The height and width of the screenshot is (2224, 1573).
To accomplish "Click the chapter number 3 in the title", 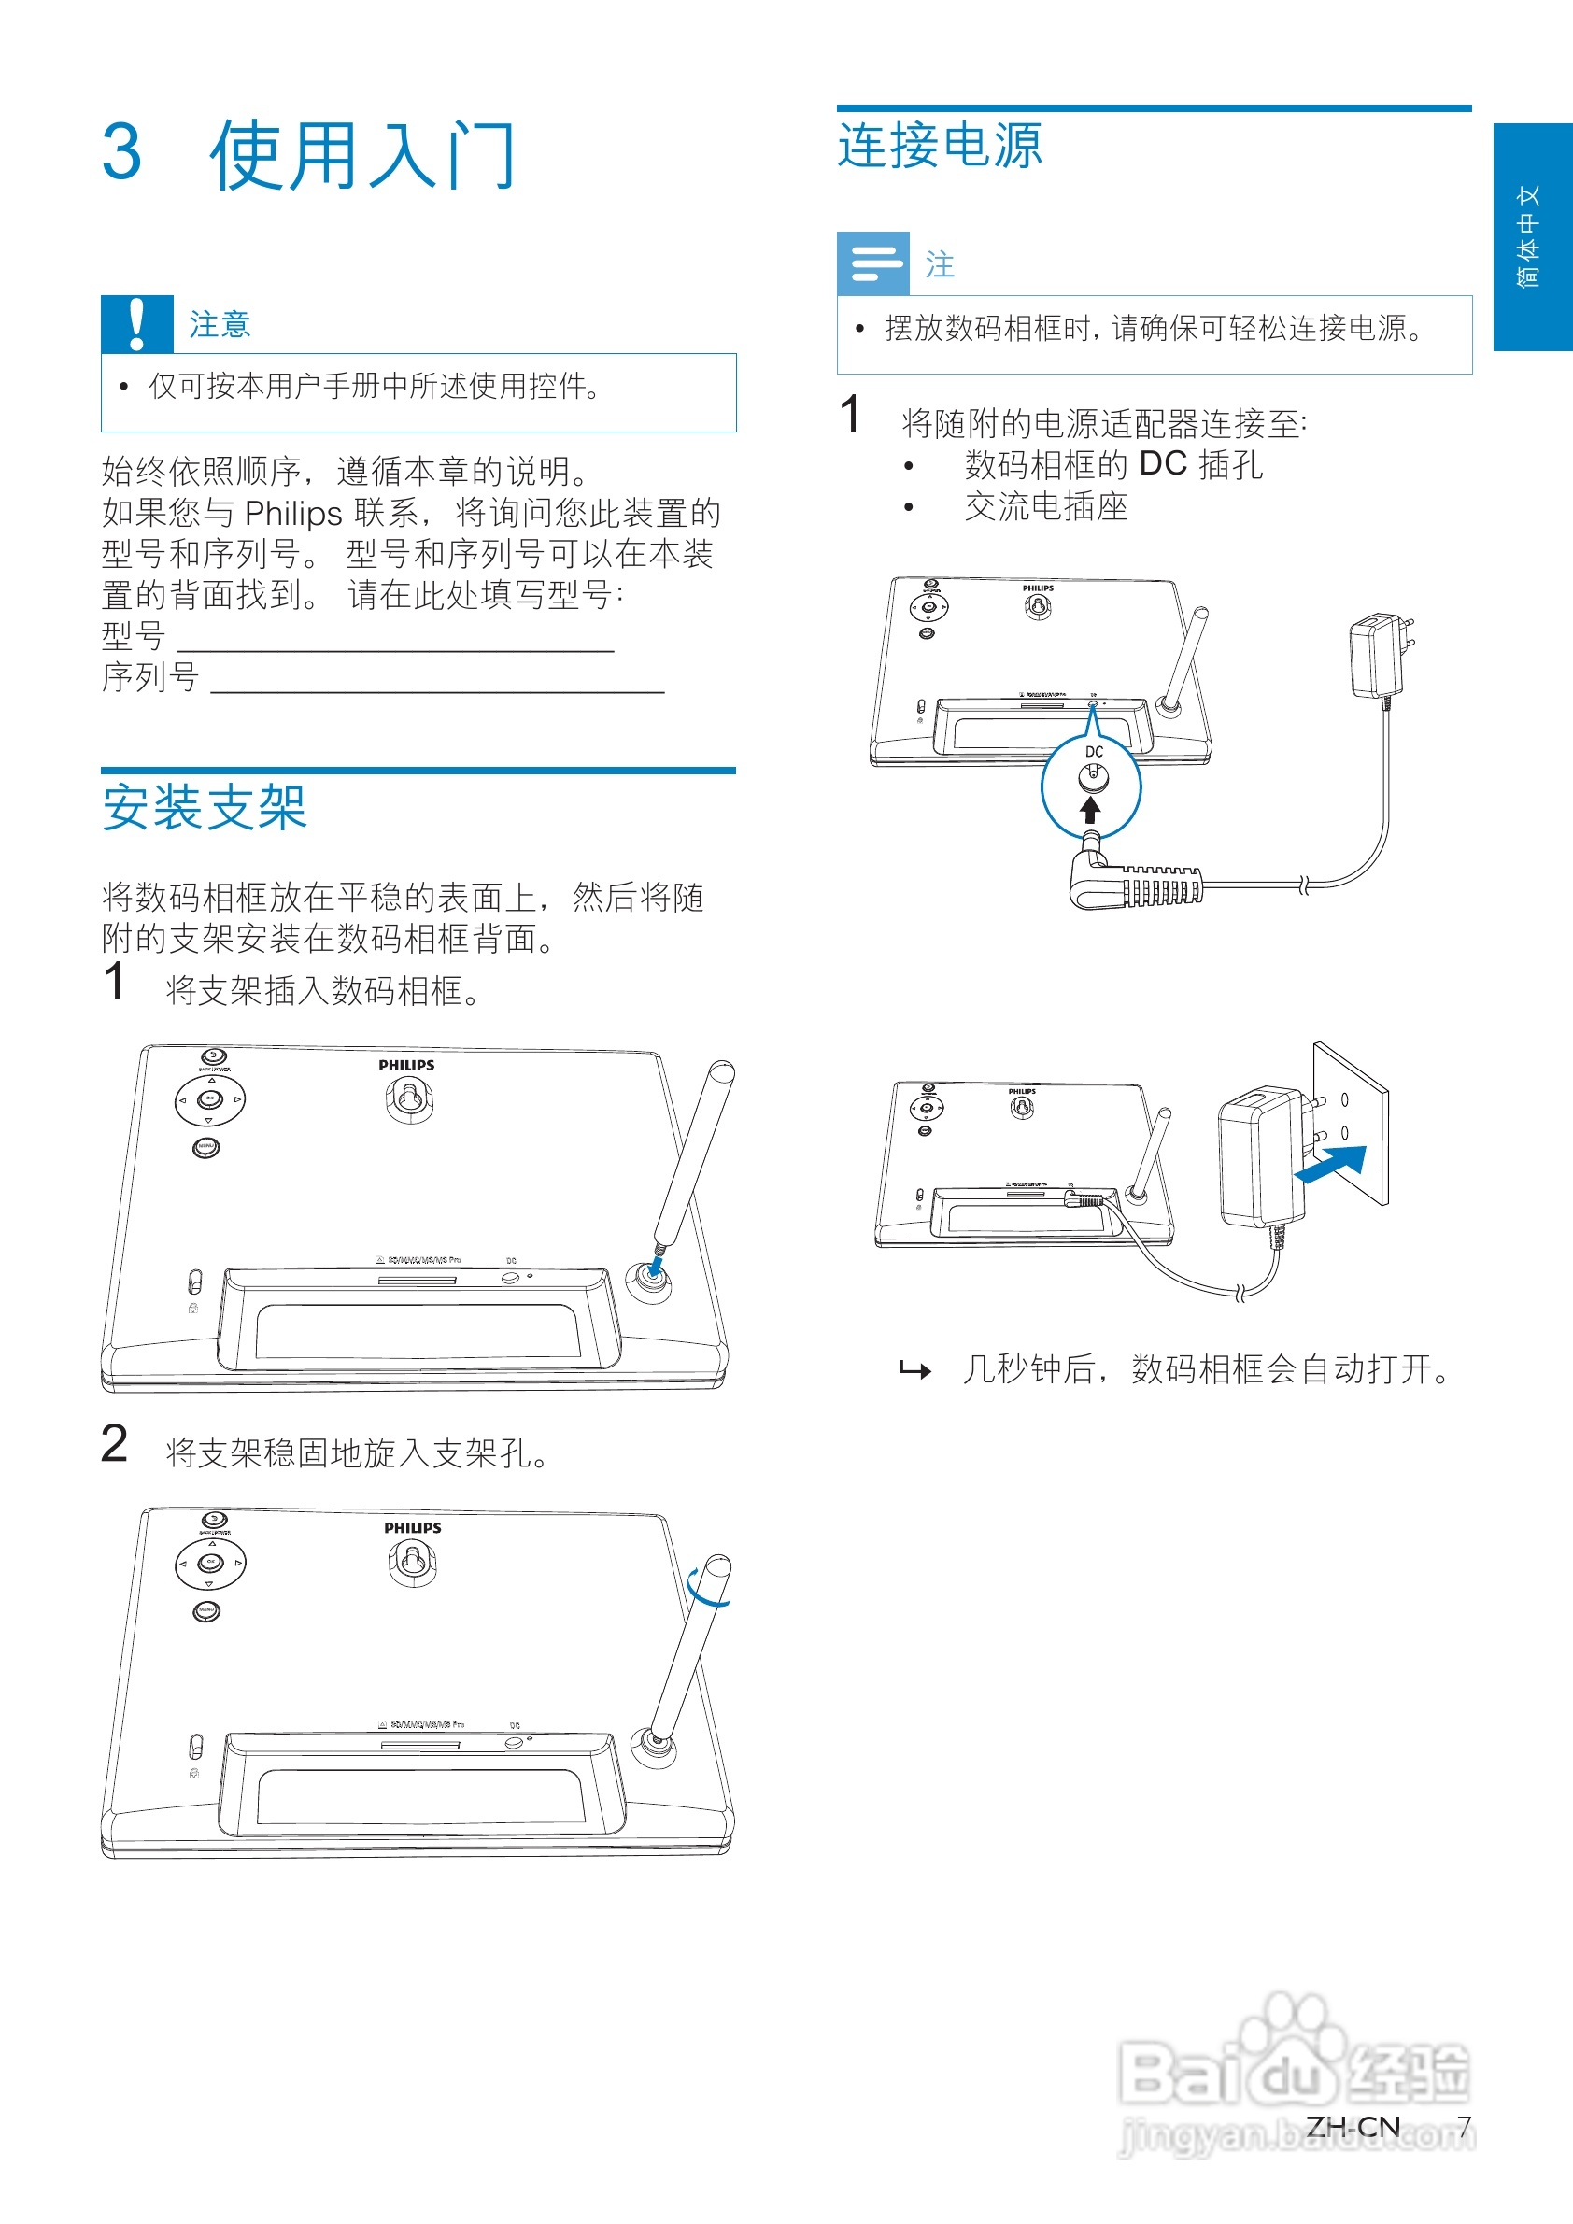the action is (x=122, y=153).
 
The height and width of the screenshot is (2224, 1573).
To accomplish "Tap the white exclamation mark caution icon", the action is (x=136, y=323).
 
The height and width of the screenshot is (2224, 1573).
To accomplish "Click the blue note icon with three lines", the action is (x=872, y=263).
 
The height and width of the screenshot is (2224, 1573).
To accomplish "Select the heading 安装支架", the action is (x=205, y=808).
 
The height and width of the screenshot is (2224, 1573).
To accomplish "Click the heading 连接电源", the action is (x=940, y=147).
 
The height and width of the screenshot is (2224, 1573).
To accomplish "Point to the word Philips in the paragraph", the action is (x=293, y=513).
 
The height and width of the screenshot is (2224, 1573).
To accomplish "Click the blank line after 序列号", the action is (x=437, y=682).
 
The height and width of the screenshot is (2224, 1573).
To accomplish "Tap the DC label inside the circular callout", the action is (x=1094, y=752).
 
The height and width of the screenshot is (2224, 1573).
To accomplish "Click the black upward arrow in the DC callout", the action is (x=1091, y=810).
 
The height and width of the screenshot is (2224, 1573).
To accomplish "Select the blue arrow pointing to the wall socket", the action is (x=1331, y=1162).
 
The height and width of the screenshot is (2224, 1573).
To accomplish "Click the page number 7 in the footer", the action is (x=1464, y=2125).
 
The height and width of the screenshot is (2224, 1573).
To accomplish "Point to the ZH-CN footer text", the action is (x=1353, y=2125).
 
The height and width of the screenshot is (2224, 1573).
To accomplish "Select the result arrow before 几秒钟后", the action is (x=914, y=1370).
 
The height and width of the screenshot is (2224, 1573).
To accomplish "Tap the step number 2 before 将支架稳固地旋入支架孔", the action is (x=114, y=1444).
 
